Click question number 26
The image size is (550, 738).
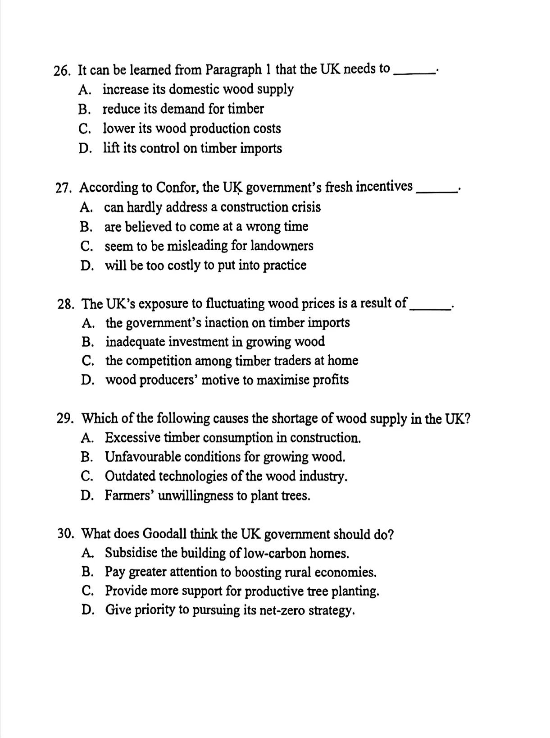pyautogui.click(x=61, y=71)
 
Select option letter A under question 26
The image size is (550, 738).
pyautogui.click(x=84, y=90)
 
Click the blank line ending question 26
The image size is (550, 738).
pyautogui.click(x=414, y=71)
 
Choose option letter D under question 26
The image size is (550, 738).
pyautogui.click(x=85, y=149)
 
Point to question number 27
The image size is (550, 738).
pyautogui.click(x=64, y=188)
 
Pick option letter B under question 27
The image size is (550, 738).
pyautogui.click(x=86, y=227)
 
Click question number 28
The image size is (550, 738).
pyautogui.click(x=66, y=304)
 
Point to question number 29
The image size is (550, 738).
pyautogui.click(x=65, y=419)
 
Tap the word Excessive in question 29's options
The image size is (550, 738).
pyautogui.click(x=132, y=438)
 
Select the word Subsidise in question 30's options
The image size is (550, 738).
pyautogui.click(x=131, y=553)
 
